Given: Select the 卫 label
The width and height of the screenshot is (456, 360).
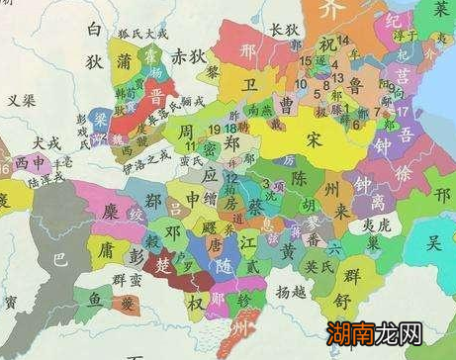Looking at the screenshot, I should coord(250,86).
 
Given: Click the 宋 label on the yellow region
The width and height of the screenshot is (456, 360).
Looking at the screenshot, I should coord(316,139).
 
